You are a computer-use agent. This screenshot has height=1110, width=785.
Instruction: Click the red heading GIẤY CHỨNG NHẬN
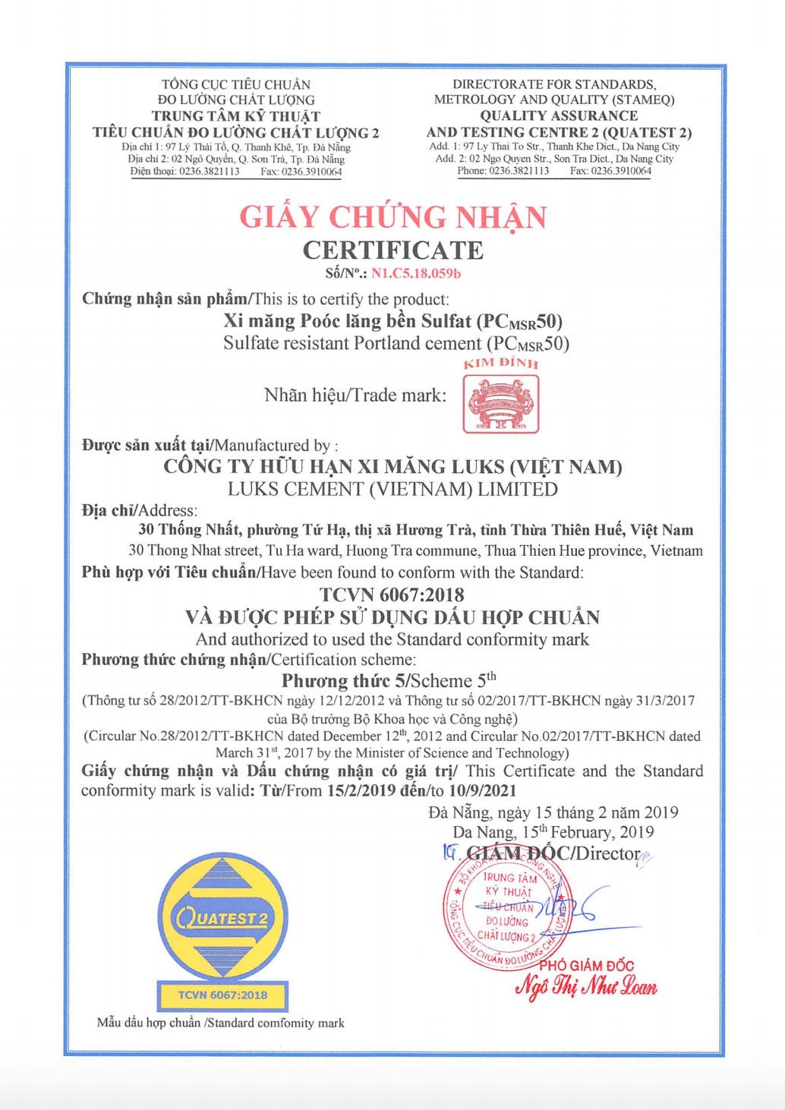(x=392, y=217)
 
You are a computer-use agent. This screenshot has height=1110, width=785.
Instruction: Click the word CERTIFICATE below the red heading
(x=392, y=251)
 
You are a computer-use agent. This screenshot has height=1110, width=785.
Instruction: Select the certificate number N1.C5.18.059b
(x=415, y=273)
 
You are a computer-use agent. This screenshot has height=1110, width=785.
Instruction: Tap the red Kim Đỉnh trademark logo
(x=501, y=403)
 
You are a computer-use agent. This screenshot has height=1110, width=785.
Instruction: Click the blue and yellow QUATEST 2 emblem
(x=222, y=917)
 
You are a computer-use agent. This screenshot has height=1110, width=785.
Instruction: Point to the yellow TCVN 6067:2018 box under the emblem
(x=222, y=995)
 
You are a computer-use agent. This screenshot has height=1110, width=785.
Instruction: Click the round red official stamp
(x=507, y=912)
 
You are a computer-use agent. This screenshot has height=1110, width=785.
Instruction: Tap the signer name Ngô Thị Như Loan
(x=586, y=986)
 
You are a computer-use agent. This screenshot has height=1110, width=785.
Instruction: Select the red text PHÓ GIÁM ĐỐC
(x=586, y=966)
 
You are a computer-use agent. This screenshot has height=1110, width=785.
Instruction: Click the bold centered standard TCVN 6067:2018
(x=392, y=594)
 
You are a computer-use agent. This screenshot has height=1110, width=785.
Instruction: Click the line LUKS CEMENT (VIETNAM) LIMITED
(x=392, y=490)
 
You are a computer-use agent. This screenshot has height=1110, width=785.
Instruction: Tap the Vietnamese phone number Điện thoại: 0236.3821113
(x=184, y=172)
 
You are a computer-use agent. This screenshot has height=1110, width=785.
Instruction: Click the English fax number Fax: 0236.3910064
(x=610, y=171)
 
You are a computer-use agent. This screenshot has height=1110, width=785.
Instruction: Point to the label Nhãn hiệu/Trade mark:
(x=355, y=395)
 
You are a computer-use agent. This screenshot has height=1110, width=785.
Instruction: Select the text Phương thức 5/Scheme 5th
(x=389, y=680)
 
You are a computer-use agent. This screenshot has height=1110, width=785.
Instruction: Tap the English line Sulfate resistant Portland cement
(x=396, y=344)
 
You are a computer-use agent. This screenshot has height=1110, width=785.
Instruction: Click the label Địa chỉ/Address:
(x=140, y=510)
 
